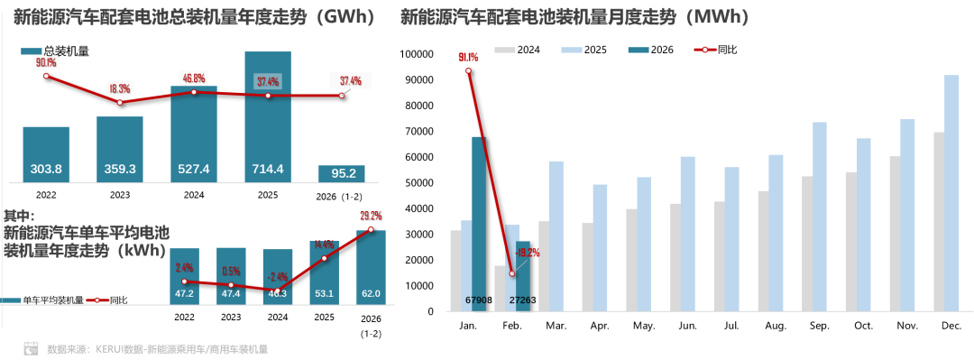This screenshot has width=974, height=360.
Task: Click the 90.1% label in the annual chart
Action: pos(46,62)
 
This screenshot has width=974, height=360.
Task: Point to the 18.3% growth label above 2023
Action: pos(119,89)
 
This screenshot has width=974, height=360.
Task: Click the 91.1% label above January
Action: pos(468,58)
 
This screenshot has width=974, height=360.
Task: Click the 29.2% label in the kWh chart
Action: pos(372,217)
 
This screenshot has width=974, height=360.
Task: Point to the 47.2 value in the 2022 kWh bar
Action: pos(184,293)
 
